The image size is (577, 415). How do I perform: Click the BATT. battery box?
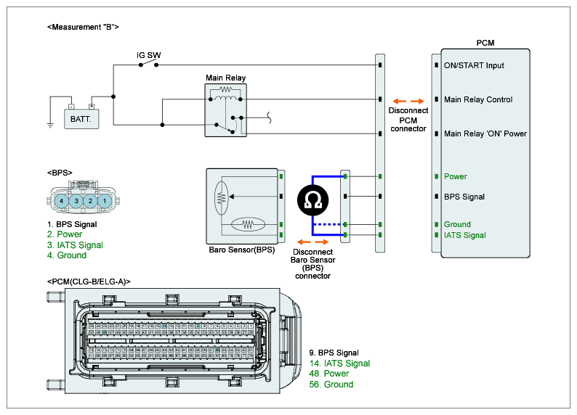[x=81, y=118]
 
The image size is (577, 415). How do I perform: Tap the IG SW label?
[x=149, y=55]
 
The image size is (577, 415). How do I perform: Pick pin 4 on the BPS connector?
[x=62, y=200]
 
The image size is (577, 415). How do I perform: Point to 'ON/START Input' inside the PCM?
[x=474, y=65]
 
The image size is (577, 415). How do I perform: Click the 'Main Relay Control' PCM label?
[x=478, y=99]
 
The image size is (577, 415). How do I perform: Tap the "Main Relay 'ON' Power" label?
[x=485, y=133]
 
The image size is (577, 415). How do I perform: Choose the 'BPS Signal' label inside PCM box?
[x=464, y=197]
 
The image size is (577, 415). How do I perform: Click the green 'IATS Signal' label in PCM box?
[x=465, y=235]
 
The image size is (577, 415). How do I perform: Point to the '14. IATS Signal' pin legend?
[x=339, y=363]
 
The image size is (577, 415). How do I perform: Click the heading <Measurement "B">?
[x=82, y=27]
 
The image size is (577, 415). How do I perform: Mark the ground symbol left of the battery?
[x=50, y=125]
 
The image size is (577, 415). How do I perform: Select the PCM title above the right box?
[x=485, y=44]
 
